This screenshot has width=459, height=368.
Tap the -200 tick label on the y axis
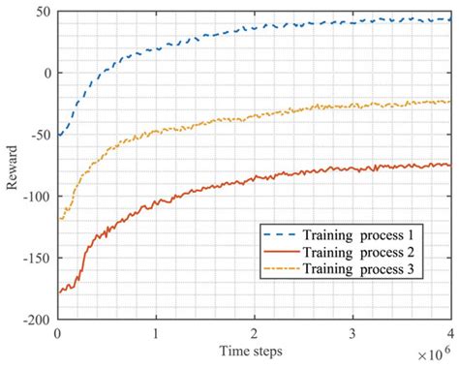tap(36, 319)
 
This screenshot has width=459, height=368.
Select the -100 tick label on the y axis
tap(36, 196)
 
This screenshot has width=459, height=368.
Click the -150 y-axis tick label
tap(36, 258)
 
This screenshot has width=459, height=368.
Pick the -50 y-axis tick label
tap(40, 135)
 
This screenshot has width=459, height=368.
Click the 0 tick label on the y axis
tap(46, 74)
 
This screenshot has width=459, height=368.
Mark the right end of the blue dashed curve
tap(449, 18)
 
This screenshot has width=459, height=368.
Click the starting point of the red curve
tap(59, 291)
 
